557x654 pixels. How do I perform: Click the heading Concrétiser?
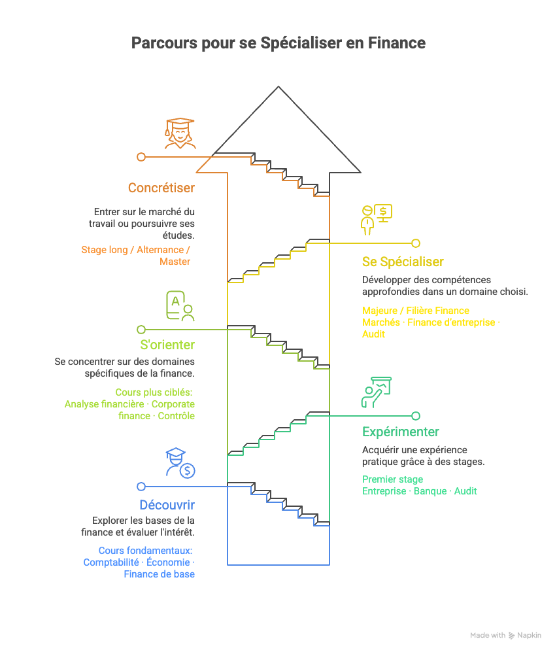point(161,188)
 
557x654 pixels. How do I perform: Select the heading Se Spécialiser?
point(403,262)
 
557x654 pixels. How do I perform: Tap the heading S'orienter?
point(167,345)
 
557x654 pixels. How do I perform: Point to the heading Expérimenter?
point(400,432)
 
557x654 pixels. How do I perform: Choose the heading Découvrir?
point(167,505)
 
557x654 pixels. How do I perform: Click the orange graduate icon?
point(180,133)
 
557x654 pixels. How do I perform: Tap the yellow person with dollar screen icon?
point(376,219)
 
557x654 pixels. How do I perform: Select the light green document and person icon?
point(180,306)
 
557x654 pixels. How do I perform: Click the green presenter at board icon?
point(376,392)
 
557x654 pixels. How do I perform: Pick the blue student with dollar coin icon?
point(180,462)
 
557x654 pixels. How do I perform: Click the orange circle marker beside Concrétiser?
point(141,157)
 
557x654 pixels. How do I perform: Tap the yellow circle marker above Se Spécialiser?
point(416,243)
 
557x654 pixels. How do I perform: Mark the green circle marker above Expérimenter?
point(416,415)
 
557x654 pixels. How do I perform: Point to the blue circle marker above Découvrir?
point(141,487)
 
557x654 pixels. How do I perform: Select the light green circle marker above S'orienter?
point(141,330)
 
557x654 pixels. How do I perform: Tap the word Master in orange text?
point(175,262)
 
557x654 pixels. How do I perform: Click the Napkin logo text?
point(529,635)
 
